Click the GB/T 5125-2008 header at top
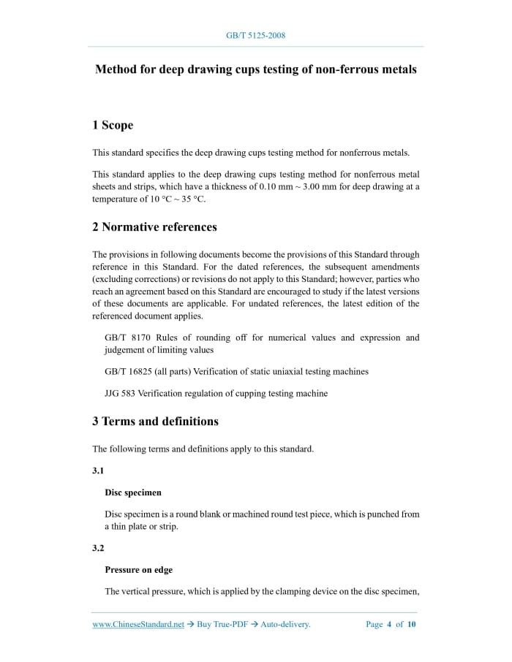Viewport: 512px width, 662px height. [x=256, y=35]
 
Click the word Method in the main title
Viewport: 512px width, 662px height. [x=116, y=69]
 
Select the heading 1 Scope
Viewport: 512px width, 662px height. [x=113, y=126]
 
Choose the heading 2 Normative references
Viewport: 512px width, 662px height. [x=154, y=227]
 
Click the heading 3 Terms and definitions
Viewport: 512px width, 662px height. [x=155, y=422]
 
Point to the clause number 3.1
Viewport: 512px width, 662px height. [x=98, y=471]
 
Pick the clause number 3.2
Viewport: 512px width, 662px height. [x=98, y=548]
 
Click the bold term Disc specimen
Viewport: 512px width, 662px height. [x=133, y=492]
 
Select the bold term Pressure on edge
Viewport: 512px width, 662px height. [x=139, y=570]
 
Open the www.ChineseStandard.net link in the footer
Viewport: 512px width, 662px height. [x=138, y=625]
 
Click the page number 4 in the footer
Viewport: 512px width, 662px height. [x=389, y=625]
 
